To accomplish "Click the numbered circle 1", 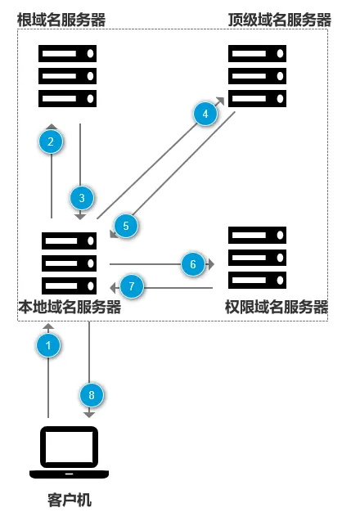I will point(48,346).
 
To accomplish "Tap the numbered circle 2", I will point(51,142).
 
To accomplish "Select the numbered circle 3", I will point(82,197).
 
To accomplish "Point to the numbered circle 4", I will point(206,114).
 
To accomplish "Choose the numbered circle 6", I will point(192,264).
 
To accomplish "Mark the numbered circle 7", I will point(132,286).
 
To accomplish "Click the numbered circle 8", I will point(92,395).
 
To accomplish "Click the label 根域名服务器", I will point(62,18).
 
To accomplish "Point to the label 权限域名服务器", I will point(277,308).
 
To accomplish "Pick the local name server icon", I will point(67,263).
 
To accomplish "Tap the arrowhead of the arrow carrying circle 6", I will point(210,264).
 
